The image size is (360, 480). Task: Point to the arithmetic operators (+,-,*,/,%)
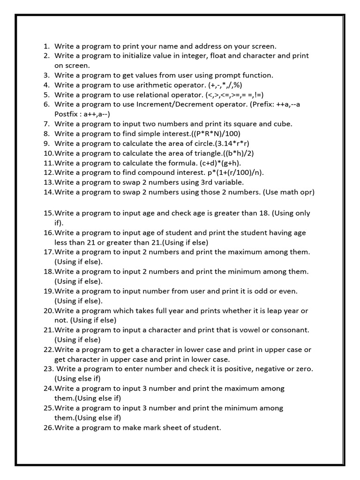(x=225, y=85)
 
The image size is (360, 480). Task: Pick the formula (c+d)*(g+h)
(x=218, y=163)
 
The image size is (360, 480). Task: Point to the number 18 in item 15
(x=264, y=213)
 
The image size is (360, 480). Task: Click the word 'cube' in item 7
(x=283, y=124)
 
